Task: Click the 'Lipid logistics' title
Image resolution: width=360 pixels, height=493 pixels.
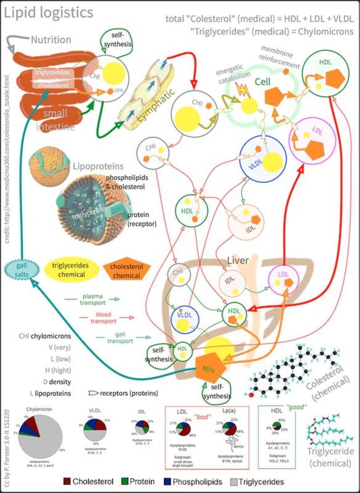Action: point(49,13)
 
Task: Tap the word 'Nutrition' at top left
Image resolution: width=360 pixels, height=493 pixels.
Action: point(51,40)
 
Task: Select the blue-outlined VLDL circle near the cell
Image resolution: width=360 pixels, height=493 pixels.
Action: point(263,159)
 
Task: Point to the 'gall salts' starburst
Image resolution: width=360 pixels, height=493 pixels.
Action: point(22,270)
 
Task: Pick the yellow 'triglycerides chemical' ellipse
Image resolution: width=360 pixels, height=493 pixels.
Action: point(70,270)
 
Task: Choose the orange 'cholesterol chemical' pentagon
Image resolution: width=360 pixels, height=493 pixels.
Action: point(126,271)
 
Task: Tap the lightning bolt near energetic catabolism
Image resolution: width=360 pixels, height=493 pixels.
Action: point(244,90)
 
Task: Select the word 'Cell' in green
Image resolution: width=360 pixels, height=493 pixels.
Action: point(263,82)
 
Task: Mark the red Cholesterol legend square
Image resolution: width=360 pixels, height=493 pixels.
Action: point(67,481)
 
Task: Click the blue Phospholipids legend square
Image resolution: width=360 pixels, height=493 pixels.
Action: point(167,481)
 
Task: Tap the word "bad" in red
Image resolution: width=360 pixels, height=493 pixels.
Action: point(202,417)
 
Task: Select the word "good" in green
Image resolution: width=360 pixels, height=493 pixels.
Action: point(296,407)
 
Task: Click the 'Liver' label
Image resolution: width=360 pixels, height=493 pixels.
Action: point(238,260)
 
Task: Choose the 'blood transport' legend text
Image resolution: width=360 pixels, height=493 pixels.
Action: point(103,318)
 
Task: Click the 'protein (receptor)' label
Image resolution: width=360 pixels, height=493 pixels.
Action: point(142,219)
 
